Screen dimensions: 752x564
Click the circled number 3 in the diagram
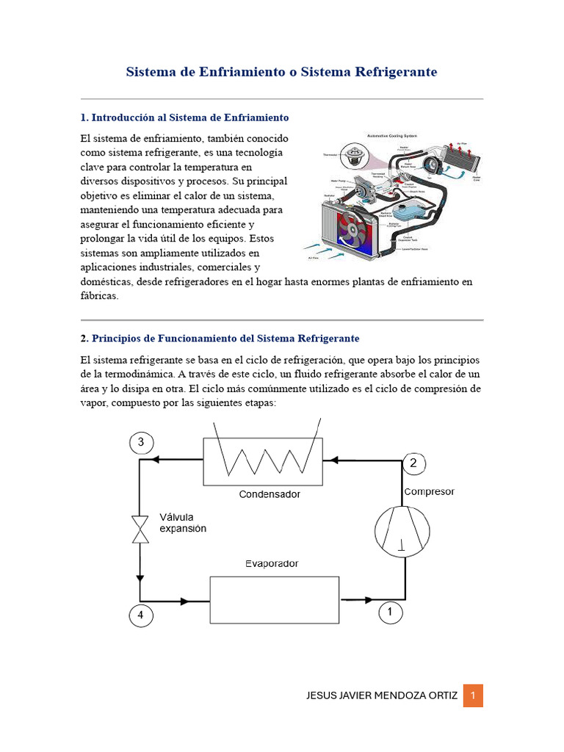[141, 442]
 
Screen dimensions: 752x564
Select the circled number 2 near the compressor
[413, 463]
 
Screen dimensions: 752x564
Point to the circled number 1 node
[390, 612]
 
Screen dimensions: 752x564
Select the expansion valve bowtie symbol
[140, 529]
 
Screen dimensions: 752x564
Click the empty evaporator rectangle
[275, 600]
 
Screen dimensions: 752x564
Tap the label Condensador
[270, 494]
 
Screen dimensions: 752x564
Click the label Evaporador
[272, 563]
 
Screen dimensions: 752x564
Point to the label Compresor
[430, 491]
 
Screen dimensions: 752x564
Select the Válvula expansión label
[183, 522]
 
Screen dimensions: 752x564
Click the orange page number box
[473, 695]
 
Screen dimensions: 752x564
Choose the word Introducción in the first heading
[123, 117]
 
